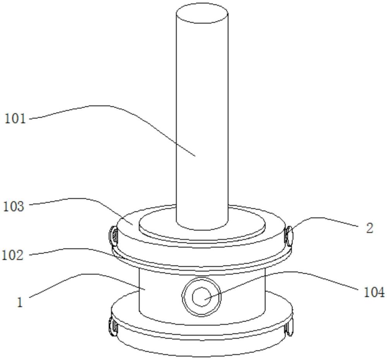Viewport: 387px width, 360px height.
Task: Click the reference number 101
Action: pos(15,118)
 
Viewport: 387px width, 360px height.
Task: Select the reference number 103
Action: pos(14,206)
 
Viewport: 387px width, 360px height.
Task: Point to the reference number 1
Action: pos(20,302)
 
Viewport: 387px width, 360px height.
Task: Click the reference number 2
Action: pos(370,228)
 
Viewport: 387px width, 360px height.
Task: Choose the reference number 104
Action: pos(374,292)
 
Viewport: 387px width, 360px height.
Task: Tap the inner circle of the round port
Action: pos(201,297)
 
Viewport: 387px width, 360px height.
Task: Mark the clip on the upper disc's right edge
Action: pos(288,236)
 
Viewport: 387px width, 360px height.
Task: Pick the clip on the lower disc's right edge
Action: pos(288,327)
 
